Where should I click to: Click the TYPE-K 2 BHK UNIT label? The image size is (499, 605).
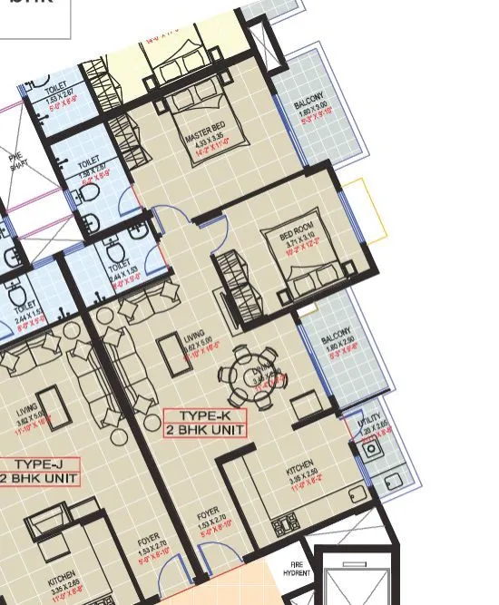point(204,423)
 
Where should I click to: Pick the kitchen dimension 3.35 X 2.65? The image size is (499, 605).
point(63,585)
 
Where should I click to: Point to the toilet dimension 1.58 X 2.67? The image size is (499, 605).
point(93,165)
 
